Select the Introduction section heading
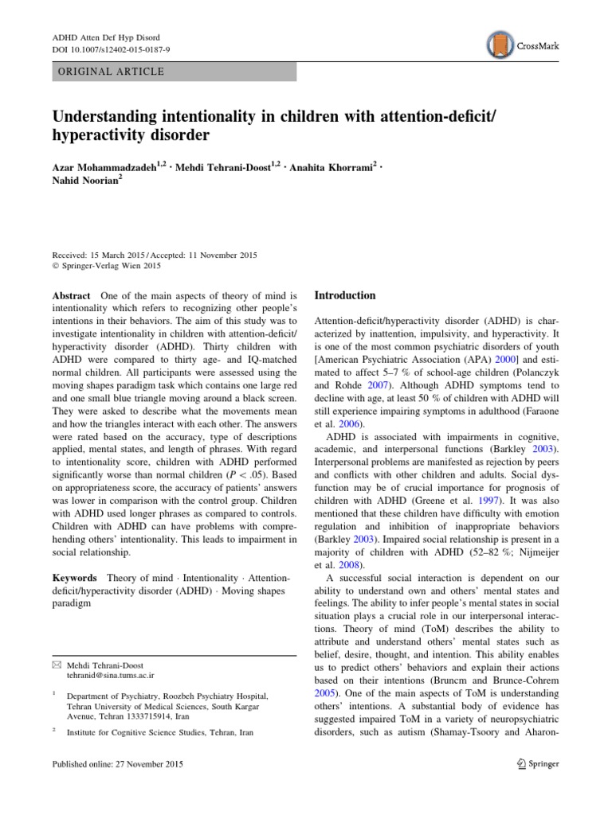click(344, 295)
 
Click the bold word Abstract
click(69, 295)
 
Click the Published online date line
click(116, 765)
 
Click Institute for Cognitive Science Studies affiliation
click(159, 732)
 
